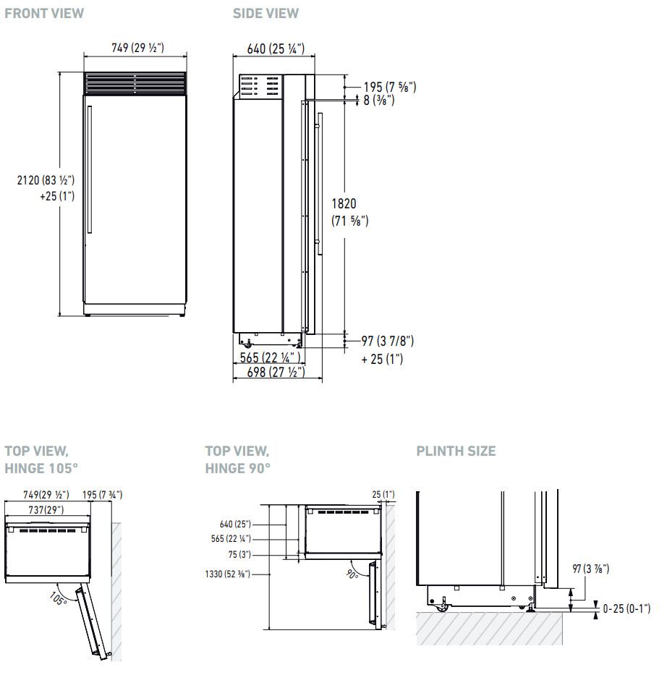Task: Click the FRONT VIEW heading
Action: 44,13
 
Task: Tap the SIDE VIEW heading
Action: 265,13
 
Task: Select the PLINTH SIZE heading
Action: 456,451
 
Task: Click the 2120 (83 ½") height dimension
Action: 46,180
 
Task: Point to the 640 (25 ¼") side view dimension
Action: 276,48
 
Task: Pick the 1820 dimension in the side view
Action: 344,203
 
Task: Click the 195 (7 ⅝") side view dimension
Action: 390,87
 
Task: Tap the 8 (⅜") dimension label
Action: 378,101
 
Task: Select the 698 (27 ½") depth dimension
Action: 276,372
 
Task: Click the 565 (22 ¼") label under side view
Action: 270,357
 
